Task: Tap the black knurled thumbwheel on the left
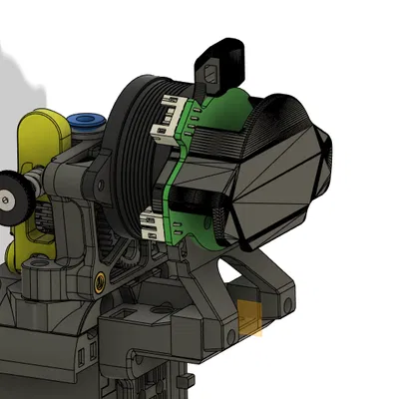pyautogui.click(x=11, y=195)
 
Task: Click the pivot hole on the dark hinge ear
pyautogui.click(x=99, y=185)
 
